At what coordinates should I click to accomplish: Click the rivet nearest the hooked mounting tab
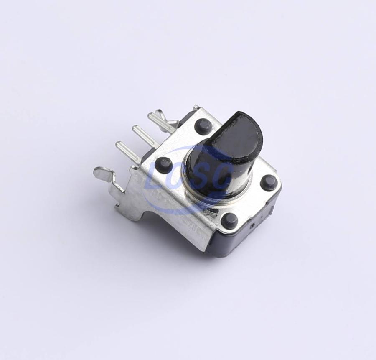164,164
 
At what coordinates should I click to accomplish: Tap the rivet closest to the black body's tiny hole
229,219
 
